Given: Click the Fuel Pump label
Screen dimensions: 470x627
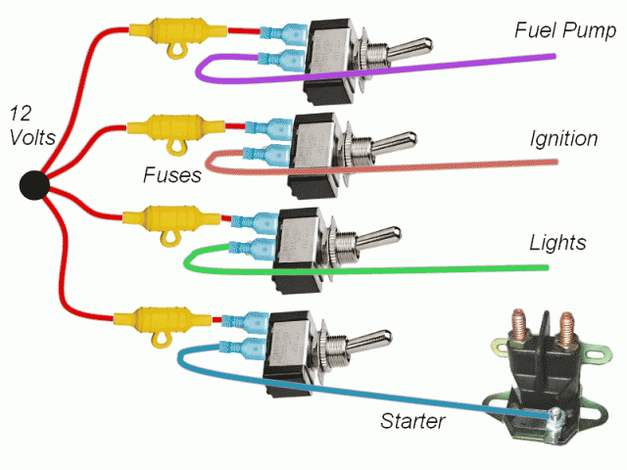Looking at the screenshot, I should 565,31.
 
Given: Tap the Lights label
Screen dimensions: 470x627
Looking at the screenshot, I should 557,242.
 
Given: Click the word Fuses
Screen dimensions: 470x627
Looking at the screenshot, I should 170,176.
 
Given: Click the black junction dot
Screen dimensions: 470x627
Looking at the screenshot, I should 36,184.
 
